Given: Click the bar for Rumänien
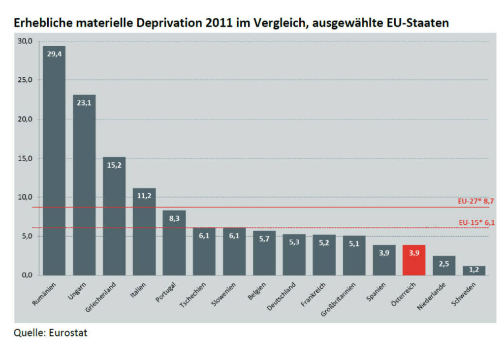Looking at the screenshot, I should (x=54, y=162).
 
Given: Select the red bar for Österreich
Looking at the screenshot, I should (x=414, y=261).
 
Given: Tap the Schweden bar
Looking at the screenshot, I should (x=474, y=270).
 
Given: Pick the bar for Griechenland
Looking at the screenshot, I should (x=114, y=216).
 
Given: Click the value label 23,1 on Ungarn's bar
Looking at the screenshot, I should (x=84, y=104).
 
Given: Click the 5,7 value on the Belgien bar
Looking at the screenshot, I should (x=264, y=240).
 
